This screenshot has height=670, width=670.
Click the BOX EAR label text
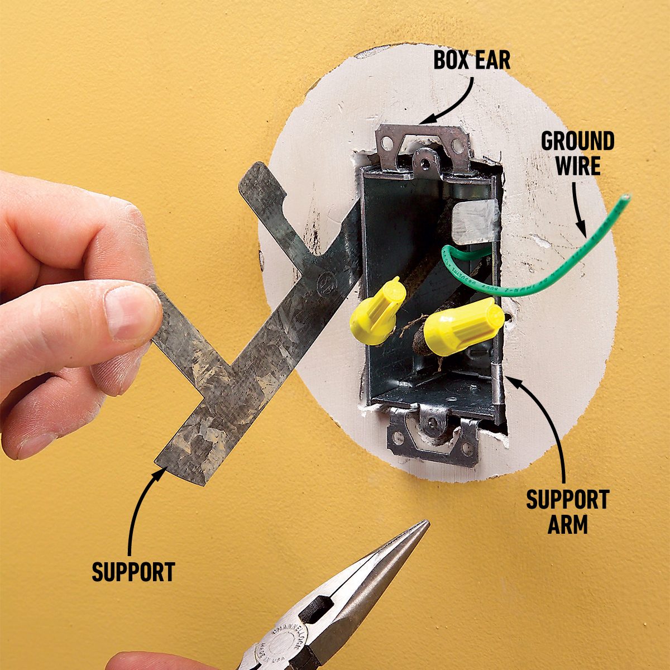tap(472, 60)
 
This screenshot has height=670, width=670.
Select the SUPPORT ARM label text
tap(567, 511)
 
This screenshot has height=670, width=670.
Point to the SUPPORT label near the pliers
tap(133, 572)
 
